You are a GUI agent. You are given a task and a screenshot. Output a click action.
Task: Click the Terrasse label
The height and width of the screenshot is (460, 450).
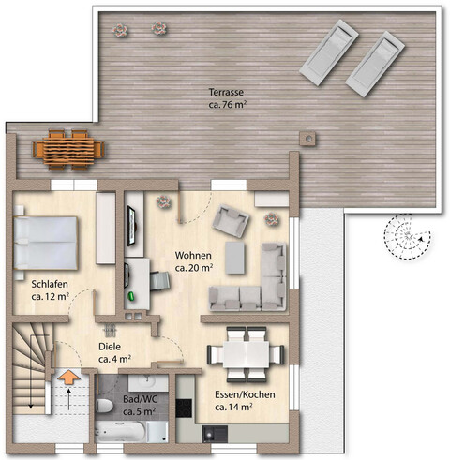[226, 93]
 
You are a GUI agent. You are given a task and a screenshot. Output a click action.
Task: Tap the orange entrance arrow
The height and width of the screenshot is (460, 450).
[68, 377]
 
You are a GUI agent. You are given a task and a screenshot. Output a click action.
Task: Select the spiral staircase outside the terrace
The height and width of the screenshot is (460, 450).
[407, 236]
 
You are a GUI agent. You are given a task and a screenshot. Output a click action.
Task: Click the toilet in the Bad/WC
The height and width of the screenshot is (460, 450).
[104, 406]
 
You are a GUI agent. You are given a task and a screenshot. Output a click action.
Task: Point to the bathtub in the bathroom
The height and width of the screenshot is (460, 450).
[120, 431]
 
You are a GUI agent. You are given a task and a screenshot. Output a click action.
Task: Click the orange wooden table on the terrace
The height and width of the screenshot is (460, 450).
[68, 150]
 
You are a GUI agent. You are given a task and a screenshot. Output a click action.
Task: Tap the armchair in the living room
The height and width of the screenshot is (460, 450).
[231, 221]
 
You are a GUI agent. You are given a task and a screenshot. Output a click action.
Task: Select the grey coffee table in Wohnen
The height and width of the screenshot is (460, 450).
[235, 258]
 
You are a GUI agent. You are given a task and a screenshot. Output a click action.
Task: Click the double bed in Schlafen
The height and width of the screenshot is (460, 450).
[45, 243]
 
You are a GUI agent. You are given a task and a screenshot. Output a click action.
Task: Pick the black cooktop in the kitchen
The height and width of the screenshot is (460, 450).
[184, 408]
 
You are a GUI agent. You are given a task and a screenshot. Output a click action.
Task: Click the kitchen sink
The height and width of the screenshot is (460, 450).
[215, 434]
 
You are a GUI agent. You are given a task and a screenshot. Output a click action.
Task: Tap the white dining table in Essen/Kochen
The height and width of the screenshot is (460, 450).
[246, 354]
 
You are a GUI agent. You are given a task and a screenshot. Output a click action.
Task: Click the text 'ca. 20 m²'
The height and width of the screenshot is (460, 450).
[194, 268]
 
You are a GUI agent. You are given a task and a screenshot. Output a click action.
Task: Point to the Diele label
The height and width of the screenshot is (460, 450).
[110, 347]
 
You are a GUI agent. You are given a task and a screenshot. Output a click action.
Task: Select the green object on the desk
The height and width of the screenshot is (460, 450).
[131, 296]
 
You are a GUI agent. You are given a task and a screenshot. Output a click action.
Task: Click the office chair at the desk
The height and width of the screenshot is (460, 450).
[160, 281]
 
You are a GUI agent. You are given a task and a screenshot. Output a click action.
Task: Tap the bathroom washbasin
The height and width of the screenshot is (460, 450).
[148, 382]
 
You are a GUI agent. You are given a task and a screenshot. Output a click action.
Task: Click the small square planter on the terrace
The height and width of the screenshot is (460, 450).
[308, 138]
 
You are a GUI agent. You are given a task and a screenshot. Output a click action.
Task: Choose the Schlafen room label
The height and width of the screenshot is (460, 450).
[50, 285]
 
